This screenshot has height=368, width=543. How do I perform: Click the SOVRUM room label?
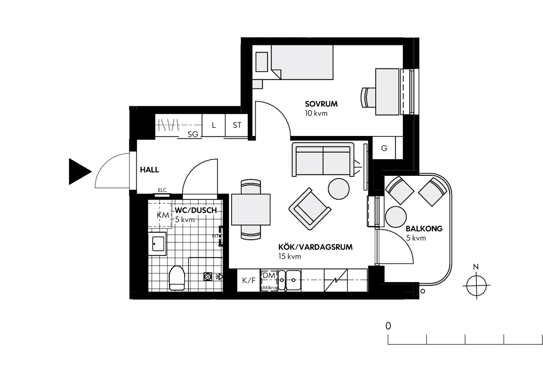point(321,104)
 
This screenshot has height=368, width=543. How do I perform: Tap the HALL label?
point(150,169)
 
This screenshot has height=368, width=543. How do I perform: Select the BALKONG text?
point(424,229)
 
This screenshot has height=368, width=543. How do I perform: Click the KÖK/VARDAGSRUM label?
point(315,247)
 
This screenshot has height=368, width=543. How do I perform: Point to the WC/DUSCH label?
point(196,210)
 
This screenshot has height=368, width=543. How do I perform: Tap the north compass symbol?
point(476,285)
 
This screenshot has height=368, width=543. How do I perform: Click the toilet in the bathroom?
point(177,278)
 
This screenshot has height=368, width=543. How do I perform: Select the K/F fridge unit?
point(249,281)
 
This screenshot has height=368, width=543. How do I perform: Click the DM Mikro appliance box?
point(269,281)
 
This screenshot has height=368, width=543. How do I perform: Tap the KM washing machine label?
point(163,215)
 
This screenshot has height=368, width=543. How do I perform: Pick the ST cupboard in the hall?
point(237,125)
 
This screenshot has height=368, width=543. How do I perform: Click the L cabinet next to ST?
point(214,125)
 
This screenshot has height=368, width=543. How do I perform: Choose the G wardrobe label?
point(384,148)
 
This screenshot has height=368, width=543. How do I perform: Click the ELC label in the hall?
point(162,190)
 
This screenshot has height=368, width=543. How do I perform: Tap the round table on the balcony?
point(396,217)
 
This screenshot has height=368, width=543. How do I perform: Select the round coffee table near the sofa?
point(338,189)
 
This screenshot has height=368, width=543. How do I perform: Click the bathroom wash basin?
point(157,244)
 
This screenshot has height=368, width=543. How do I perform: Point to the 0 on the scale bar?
point(388,326)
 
